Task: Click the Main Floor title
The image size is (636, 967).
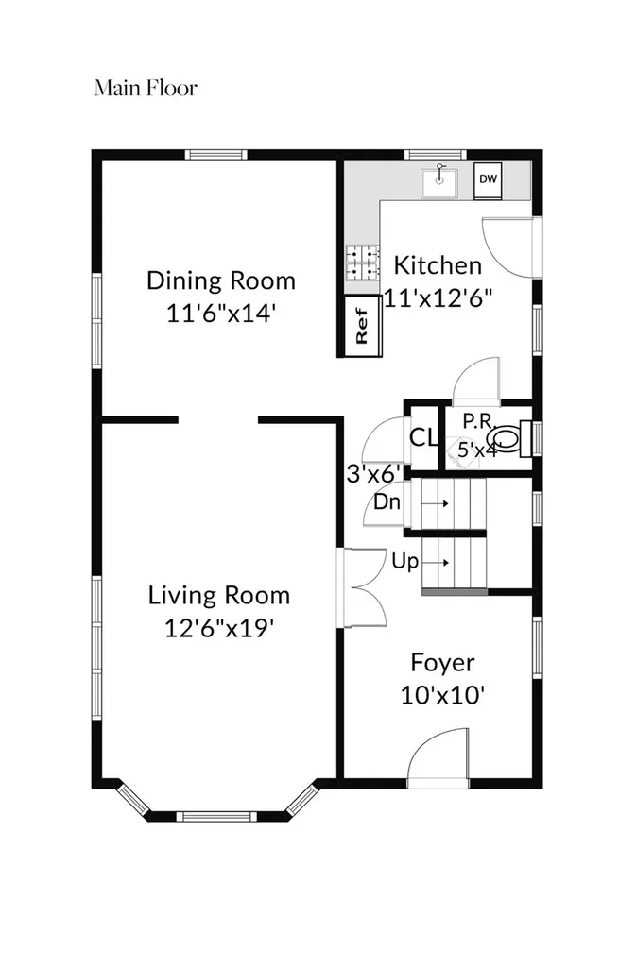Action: (146, 88)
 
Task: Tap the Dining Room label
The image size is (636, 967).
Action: (221, 281)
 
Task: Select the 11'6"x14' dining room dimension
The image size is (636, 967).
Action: (220, 314)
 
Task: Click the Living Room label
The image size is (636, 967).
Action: (219, 596)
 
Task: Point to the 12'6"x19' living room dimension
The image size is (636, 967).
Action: (219, 628)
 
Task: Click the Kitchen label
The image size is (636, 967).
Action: (438, 265)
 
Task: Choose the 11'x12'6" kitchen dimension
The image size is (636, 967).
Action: (438, 297)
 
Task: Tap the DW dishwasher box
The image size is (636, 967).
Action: (488, 180)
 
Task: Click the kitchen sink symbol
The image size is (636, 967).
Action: (439, 182)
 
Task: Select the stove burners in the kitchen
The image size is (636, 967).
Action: (362, 263)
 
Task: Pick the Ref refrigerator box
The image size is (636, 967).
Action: (362, 326)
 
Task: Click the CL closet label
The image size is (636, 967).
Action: (423, 438)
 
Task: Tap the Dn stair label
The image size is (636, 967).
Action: (387, 502)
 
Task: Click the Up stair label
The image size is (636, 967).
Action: (404, 562)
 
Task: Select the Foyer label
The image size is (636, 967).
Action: (443, 663)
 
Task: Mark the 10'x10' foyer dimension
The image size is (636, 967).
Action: (443, 696)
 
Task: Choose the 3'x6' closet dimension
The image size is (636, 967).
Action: (374, 474)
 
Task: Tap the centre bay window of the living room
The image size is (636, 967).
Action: (216, 817)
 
